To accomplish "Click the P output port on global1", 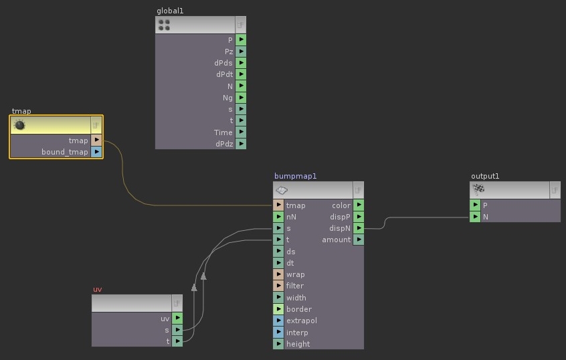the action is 241,39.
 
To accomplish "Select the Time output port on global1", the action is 241,132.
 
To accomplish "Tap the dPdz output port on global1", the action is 241,144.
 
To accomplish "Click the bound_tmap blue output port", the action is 96,152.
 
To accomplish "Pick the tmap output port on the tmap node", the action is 96,140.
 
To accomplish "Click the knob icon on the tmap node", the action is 19,125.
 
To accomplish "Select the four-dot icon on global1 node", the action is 164,25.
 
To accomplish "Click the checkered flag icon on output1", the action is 478,189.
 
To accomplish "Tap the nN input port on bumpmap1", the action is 278,217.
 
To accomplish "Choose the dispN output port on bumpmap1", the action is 359,228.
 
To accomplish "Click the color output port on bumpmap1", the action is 359,205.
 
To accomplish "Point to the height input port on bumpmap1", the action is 278,344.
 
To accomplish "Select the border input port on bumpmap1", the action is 278,309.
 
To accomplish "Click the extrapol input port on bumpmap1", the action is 278,321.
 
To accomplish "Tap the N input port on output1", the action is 475,217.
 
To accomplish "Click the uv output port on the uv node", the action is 177,318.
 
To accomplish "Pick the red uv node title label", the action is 98,289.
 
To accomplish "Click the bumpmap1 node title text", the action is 295,176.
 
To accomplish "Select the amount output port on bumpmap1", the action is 359,240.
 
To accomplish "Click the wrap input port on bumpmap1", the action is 278,274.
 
